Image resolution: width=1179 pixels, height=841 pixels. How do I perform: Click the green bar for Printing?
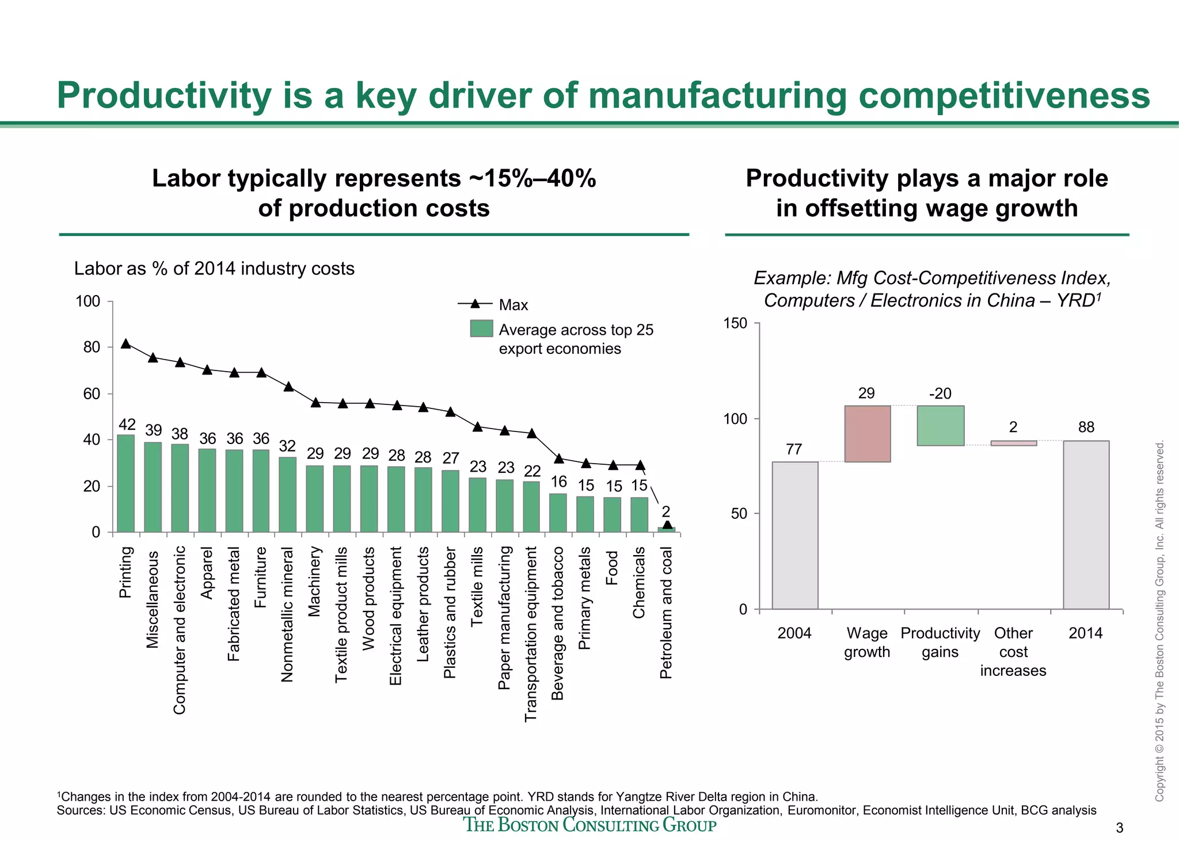(125, 483)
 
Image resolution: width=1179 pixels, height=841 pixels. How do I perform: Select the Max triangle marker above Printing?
(126, 343)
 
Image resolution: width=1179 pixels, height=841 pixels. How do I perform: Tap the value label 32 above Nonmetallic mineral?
(287, 446)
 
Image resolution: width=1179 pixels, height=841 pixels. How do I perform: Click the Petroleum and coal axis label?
(666, 612)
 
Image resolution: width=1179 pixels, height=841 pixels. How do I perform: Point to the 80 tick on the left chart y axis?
(92, 347)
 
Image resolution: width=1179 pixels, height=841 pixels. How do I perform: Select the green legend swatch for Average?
(481, 328)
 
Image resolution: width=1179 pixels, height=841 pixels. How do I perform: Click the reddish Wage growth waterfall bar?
(867, 434)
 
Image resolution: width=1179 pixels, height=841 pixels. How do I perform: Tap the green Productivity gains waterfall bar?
(940, 426)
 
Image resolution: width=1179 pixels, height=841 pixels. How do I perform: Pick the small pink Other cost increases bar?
(1013, 443)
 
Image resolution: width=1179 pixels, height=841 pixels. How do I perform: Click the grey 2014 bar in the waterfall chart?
(1086, 525)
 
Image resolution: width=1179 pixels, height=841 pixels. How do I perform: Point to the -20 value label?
(940, 394)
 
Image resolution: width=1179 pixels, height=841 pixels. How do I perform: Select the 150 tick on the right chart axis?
(735, 323)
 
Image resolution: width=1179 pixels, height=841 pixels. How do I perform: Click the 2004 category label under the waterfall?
(794, 633)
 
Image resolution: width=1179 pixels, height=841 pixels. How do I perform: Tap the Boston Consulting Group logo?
(590, 825)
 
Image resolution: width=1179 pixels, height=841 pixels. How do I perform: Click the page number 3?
(1119, 828)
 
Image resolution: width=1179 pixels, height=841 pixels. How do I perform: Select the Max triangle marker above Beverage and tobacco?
(558, 458)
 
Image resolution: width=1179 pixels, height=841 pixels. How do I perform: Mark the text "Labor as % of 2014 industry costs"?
(214, 269)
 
